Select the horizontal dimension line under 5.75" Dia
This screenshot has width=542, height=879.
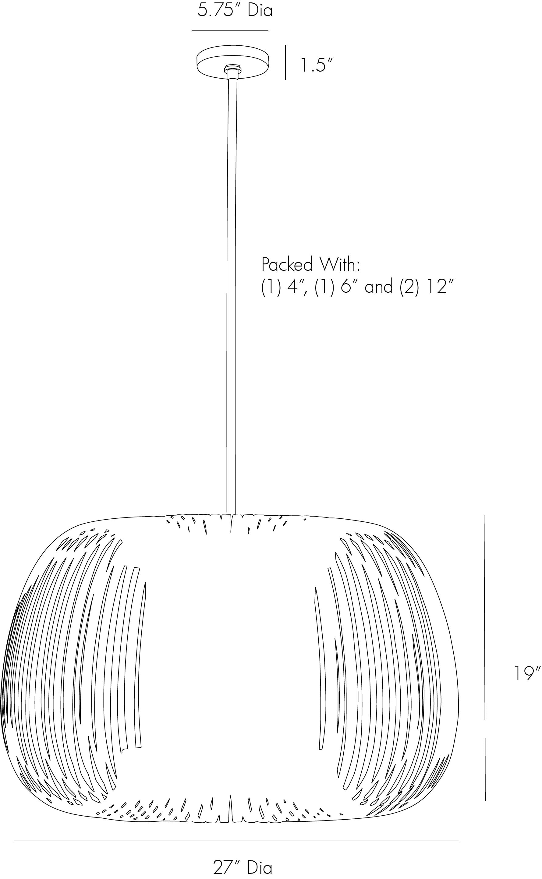coord(230,31)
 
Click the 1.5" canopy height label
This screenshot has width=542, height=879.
coord(317,65)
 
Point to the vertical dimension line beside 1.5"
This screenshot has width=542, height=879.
coord(285,62)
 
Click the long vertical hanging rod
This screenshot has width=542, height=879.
coord(231,287)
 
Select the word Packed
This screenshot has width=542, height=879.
coord(287,265)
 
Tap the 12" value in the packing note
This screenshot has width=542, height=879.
coord(439,287)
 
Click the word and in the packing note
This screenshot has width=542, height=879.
coord(378,287)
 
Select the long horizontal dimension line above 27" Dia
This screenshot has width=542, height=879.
coord(236,841)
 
